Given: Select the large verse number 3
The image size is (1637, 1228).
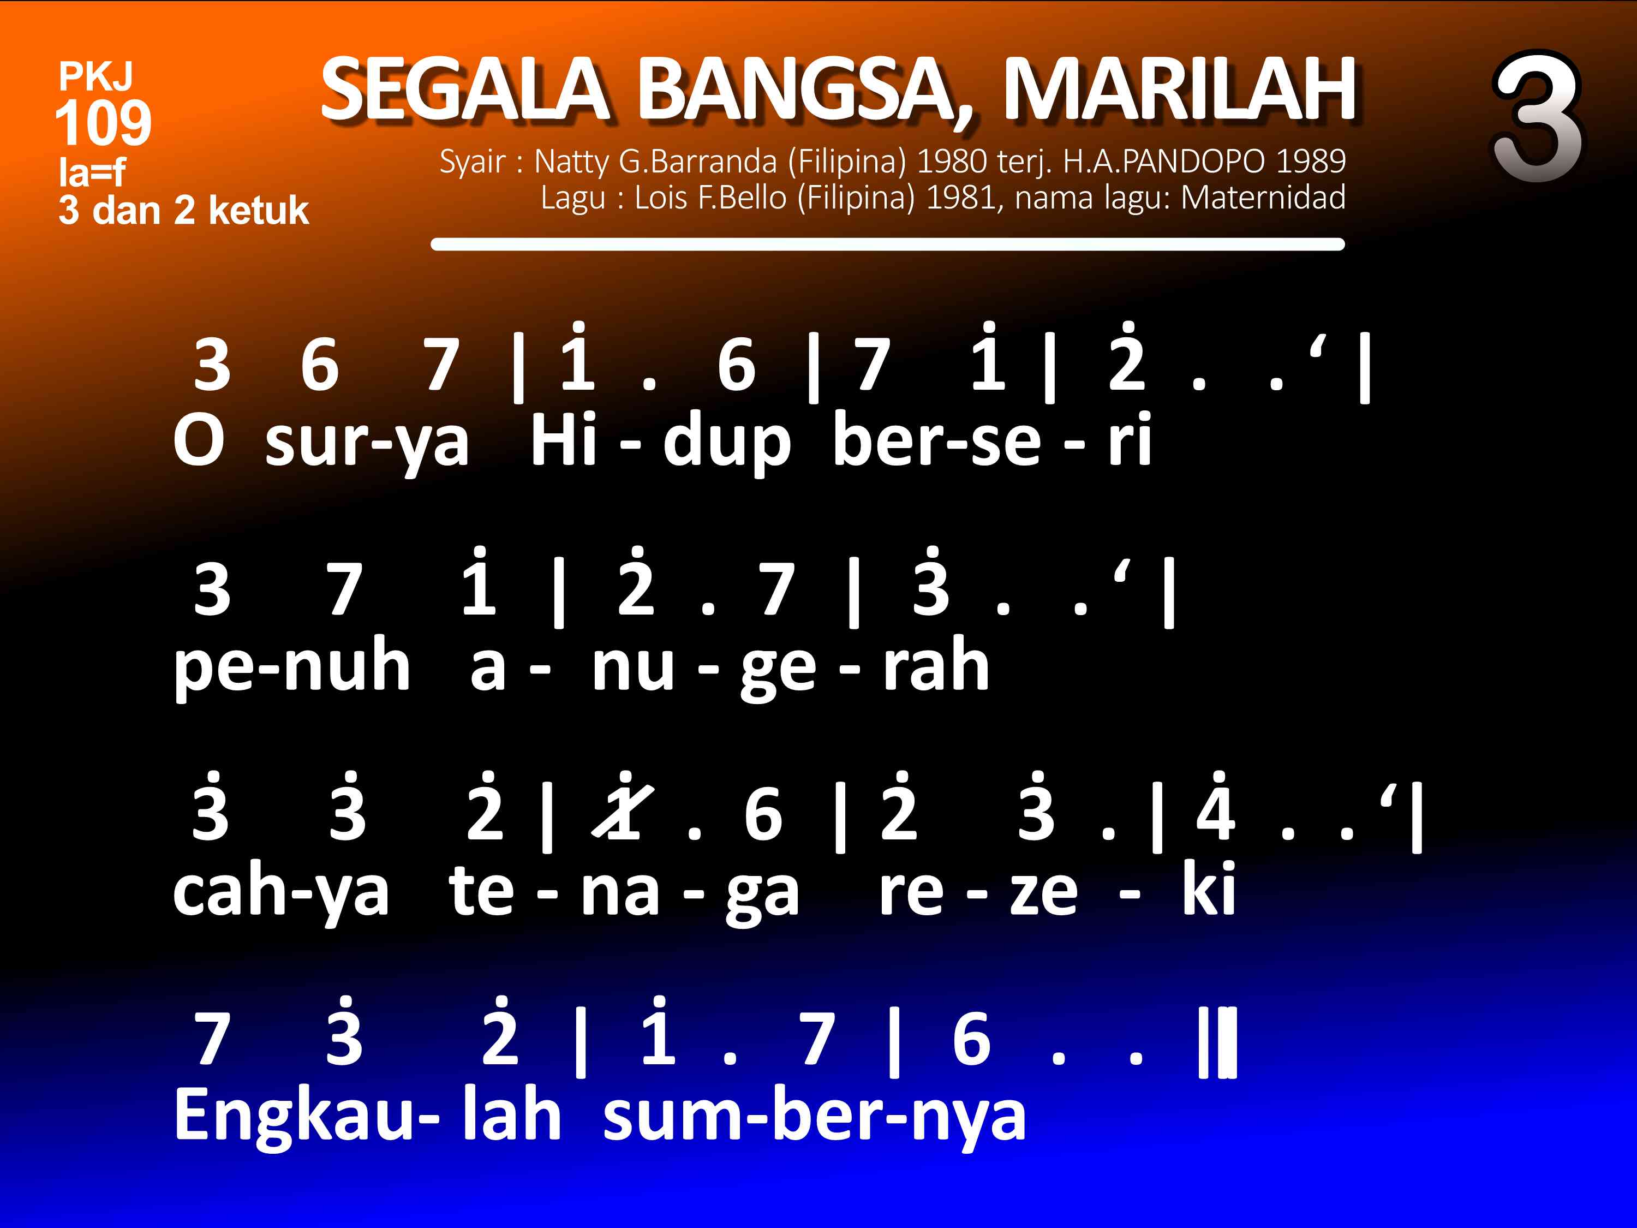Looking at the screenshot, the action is click(x=1537, y=117).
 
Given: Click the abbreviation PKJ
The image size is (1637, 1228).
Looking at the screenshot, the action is click(x=95, y=76).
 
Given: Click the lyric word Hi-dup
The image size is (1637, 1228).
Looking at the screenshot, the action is click(x=660, y=443).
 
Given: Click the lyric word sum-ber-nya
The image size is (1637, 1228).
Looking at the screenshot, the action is click(x=815, y=1118).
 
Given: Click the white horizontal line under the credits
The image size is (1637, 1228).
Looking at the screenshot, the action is click(x=887, y=245).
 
